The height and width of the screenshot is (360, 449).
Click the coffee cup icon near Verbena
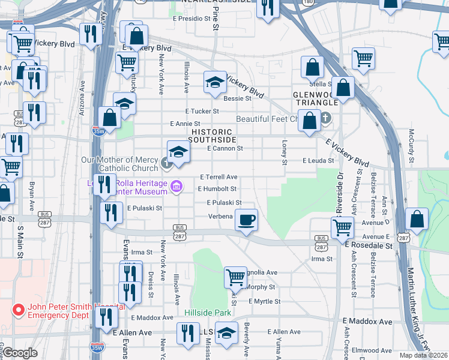click(x=246, y=220)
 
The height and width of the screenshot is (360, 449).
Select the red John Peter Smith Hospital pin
click(x=18, y=310)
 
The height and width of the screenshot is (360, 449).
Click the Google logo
click(x=20, y=353)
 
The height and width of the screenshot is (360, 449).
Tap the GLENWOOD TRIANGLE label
click(x=315, y=99)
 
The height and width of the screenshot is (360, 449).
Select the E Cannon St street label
click(x=224, y=148)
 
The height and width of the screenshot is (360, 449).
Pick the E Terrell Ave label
click(x=218, y=178)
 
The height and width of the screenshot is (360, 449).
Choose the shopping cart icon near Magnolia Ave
click(x=235, y=277)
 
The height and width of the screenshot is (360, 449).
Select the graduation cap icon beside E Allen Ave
click(x=226, y=333)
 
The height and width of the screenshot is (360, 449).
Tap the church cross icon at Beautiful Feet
click(x=326, y=118)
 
